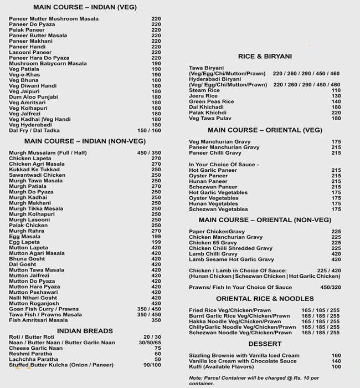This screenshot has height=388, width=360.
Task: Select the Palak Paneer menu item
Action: click(x=27, y=30)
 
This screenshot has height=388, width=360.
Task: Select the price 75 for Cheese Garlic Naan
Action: click(x=158, y=348)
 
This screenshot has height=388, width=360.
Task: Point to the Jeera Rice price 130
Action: click(x=336, y=96)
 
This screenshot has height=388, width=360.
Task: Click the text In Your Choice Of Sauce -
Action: click(x=223, y=165)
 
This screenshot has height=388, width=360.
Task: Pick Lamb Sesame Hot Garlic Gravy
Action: click(x=232, y=259)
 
